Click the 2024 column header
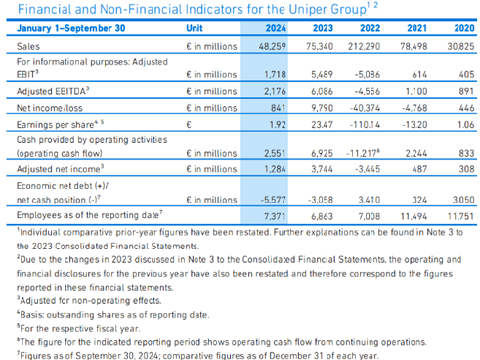pyautogui.click(x=276, y=28)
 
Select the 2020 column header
pyautogui.click(x=464, y=28)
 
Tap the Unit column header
pyautogui.click(x=195, y=28)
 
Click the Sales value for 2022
pyautogui.click(x=364, y=46)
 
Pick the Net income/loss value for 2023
pyautogui.click(x=322, y=108)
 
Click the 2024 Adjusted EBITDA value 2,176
pyautogui.click(x=275, y=91)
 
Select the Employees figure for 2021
pyautogui.click(x=414, y=216)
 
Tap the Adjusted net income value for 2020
pyautogui.click(x=466, y=169)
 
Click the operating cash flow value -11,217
pyautogui.click(x=363, y=153)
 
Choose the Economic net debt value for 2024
pyautogui.click(x=273, y=200)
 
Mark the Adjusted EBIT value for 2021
pyautogui.click(x=419, y=74)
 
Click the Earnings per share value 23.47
pyautogui.click(x=322, y=124)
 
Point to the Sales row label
pyautogui.click(x=28, y=46)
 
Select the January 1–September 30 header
pyautogui.click(x=70, y=28)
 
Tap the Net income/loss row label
pyautogui.click(x=50, y=108)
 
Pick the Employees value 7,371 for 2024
pyautogui.click(x=275, y=216)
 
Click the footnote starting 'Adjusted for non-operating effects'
pyautogui.click(x=89, y=300)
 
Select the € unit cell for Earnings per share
pyautogui.click(x=189, y=124)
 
